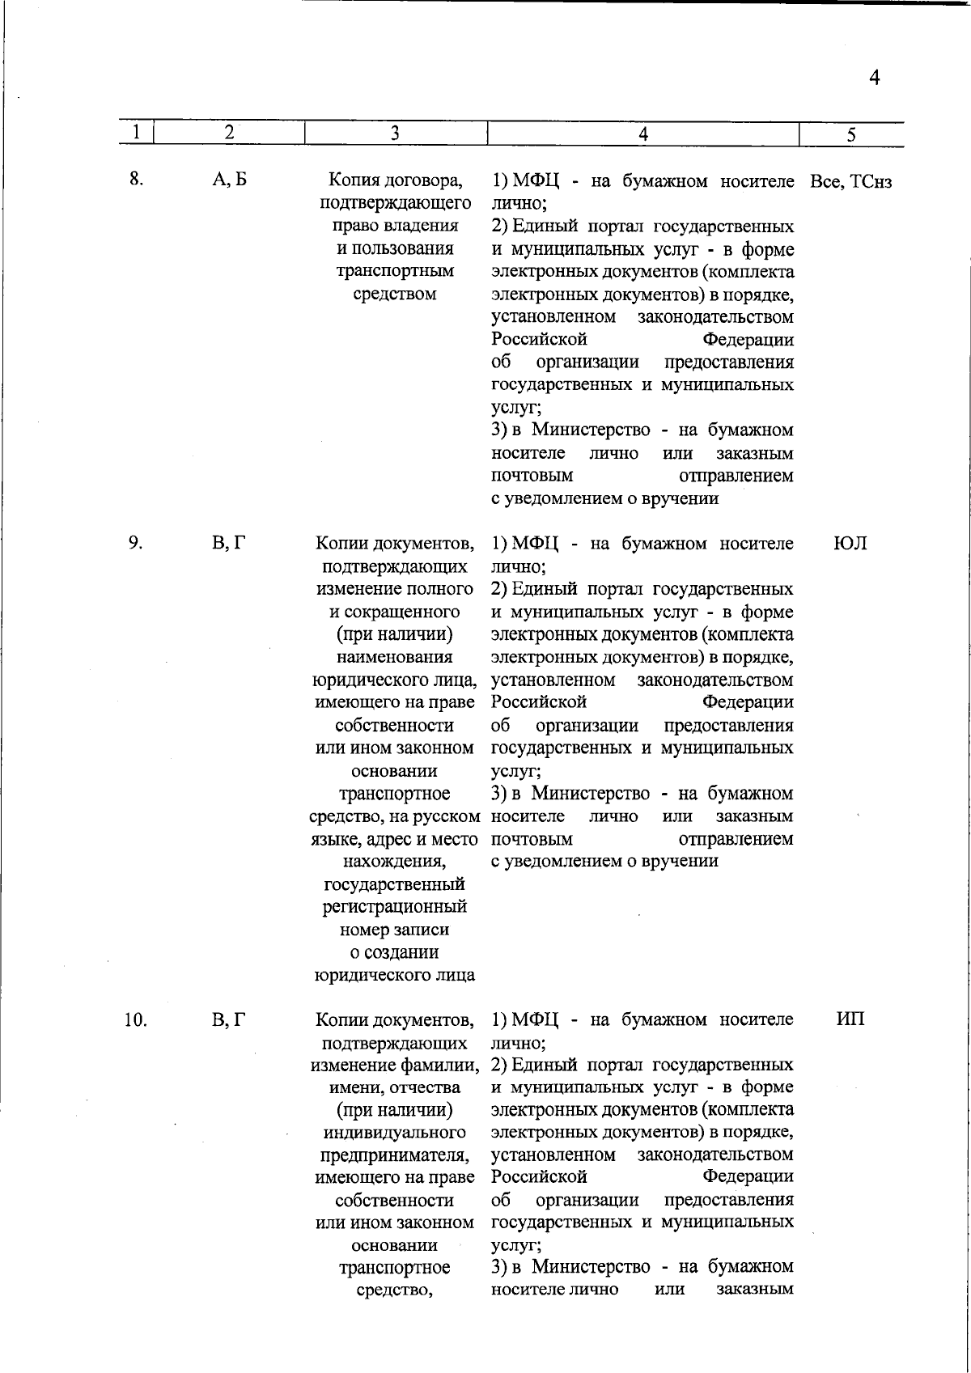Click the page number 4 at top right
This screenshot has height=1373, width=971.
point(874,78)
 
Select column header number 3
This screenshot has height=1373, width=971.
point(395,133)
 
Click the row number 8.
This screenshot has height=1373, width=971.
point(136,180)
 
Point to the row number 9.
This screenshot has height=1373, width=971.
point(135,543)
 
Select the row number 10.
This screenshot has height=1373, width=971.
point(135,1019)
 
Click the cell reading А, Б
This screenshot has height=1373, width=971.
point(229,180)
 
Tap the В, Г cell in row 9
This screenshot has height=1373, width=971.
point(229,543)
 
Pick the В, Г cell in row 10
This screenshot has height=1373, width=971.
point(229,1019)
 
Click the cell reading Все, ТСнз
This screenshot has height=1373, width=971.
point(850,182)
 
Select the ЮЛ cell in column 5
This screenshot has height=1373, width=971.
point(850,543)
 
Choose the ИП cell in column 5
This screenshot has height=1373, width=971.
point(850,1019)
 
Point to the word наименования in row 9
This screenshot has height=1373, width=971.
point(395,657)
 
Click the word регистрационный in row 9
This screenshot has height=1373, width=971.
point(395,907)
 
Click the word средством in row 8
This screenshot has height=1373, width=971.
point(395,294)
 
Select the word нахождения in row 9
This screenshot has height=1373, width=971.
point(394,862)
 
